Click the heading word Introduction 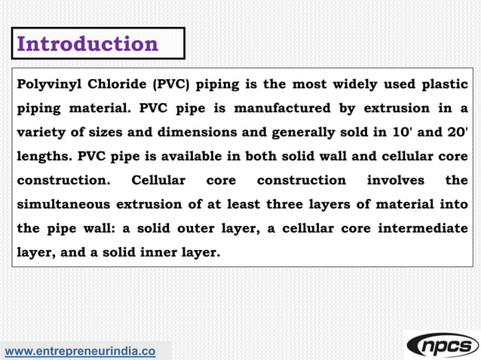87,44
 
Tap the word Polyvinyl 48,84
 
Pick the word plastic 443,84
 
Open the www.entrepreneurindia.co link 81,351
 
